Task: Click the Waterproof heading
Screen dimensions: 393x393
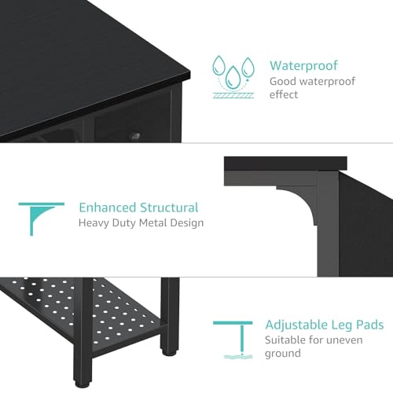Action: click(304, 65)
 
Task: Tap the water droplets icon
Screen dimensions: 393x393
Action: click(233, 77)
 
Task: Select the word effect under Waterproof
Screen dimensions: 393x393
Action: click(284, 94)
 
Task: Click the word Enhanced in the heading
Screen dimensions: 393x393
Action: click(108, 208)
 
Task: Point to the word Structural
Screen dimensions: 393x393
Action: click(169, 208)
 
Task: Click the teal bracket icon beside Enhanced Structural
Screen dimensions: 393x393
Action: click(41, 219)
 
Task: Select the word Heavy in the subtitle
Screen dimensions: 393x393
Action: click(94, 223)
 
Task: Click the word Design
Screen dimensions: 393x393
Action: click(187, 223)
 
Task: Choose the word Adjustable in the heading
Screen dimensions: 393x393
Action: click(296, 325)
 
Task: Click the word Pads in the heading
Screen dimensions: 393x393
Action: click(370, 325)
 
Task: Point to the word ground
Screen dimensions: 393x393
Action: click(283, 354)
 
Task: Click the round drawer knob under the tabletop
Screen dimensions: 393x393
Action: click(135, 136)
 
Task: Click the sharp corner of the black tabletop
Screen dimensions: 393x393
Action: click(190, 72)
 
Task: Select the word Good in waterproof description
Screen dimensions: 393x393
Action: click(283, 81)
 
